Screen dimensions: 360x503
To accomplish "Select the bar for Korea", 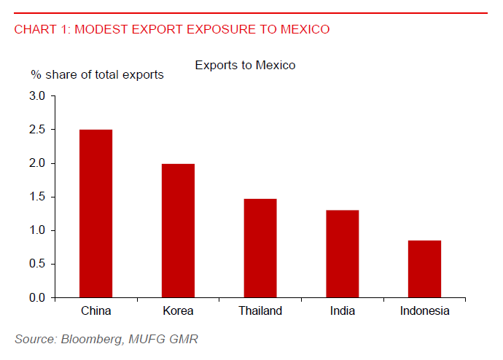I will pyautogui.click(x=178, y=231).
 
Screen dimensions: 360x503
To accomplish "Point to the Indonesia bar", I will pyautogui.click(x=424, y=269).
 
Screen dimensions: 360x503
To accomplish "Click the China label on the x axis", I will pyautogui.click(x=95, y=311).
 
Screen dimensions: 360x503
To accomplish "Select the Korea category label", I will pyautogui.click(x=178, y=311).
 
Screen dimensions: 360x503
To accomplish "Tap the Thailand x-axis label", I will pyautogui.click(x=260, y=311).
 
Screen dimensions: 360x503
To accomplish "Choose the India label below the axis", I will pyautogui.click(x=342, y=311).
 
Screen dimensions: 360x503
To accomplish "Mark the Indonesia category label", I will pyautogui.click(x=424, y=311).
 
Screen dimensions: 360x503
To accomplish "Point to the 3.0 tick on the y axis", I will pyautogui.click(x=36, y=96).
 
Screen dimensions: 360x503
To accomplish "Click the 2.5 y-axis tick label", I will pyautogui.click(x=36, y=130).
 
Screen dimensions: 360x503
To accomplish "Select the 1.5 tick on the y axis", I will pyautogui.click(x=36, y=197).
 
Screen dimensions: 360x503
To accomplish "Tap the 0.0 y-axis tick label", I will pyautogui.click(x=36, y=298).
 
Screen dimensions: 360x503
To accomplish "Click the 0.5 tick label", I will pyautogui.click(x=36, y=265).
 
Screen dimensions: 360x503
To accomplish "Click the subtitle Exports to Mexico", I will pyautogui.click(x=245, y=66).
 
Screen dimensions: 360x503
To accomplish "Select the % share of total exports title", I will pyautogui.click(x=97, y=74).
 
